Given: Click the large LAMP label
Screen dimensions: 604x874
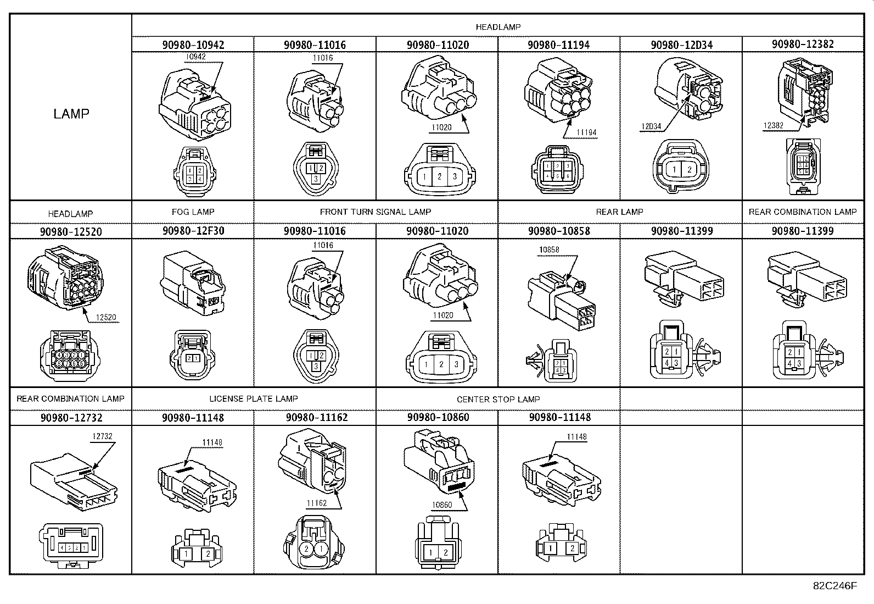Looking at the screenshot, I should (71, 114).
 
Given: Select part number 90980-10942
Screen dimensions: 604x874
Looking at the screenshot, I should (193, 45).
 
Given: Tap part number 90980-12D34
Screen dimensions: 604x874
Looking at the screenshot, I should (681, 45).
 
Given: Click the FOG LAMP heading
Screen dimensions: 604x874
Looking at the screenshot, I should (193, 212).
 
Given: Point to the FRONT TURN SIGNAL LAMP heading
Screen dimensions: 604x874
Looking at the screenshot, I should (376, 212).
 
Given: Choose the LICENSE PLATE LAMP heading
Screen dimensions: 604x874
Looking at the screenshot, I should (254, 398).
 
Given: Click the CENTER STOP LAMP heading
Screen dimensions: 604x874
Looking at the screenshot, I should (498, 399).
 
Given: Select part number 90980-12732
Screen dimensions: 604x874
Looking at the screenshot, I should (71, 418).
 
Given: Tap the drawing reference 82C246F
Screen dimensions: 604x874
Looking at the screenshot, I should (834, 585).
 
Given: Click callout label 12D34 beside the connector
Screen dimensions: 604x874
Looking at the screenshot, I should (651, 127).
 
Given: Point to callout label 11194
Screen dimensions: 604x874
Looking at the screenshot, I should (586, 132).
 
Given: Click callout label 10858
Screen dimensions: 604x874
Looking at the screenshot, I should (548, 250).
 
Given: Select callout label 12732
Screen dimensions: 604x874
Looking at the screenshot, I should (103, 436).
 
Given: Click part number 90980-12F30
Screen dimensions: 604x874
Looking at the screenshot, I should (193, 231).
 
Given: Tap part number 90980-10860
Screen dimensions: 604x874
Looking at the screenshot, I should (438, 418).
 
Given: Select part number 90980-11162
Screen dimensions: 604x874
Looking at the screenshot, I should (315, 418).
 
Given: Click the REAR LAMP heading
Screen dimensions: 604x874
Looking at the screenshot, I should (619, 212).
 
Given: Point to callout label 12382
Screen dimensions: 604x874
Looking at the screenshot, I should (772, 125).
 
